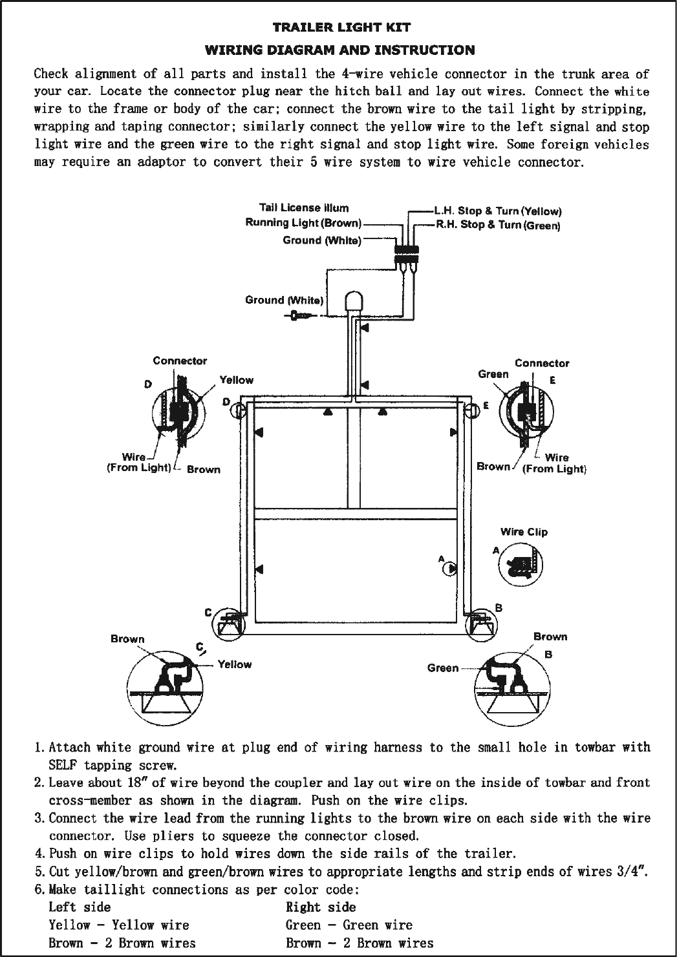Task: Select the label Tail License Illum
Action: click(x=303, y=207)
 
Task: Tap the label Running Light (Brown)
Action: click(x=303, y=223)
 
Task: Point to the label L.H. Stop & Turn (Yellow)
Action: click(x=497, y=211)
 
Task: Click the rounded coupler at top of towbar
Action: click(x=353, y=302)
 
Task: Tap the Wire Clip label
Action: click(x=524, y=532)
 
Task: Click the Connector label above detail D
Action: click(x=180, y=361)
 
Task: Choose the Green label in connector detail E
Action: click(x=493, y=373)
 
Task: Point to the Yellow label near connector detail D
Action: click(x=237, y=380)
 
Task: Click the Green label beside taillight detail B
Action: click(x=443, y=668)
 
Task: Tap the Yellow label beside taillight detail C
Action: click(x=235, y=664)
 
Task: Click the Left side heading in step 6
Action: click(x=80, y=907)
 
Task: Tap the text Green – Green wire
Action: click(x=349, y=925)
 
